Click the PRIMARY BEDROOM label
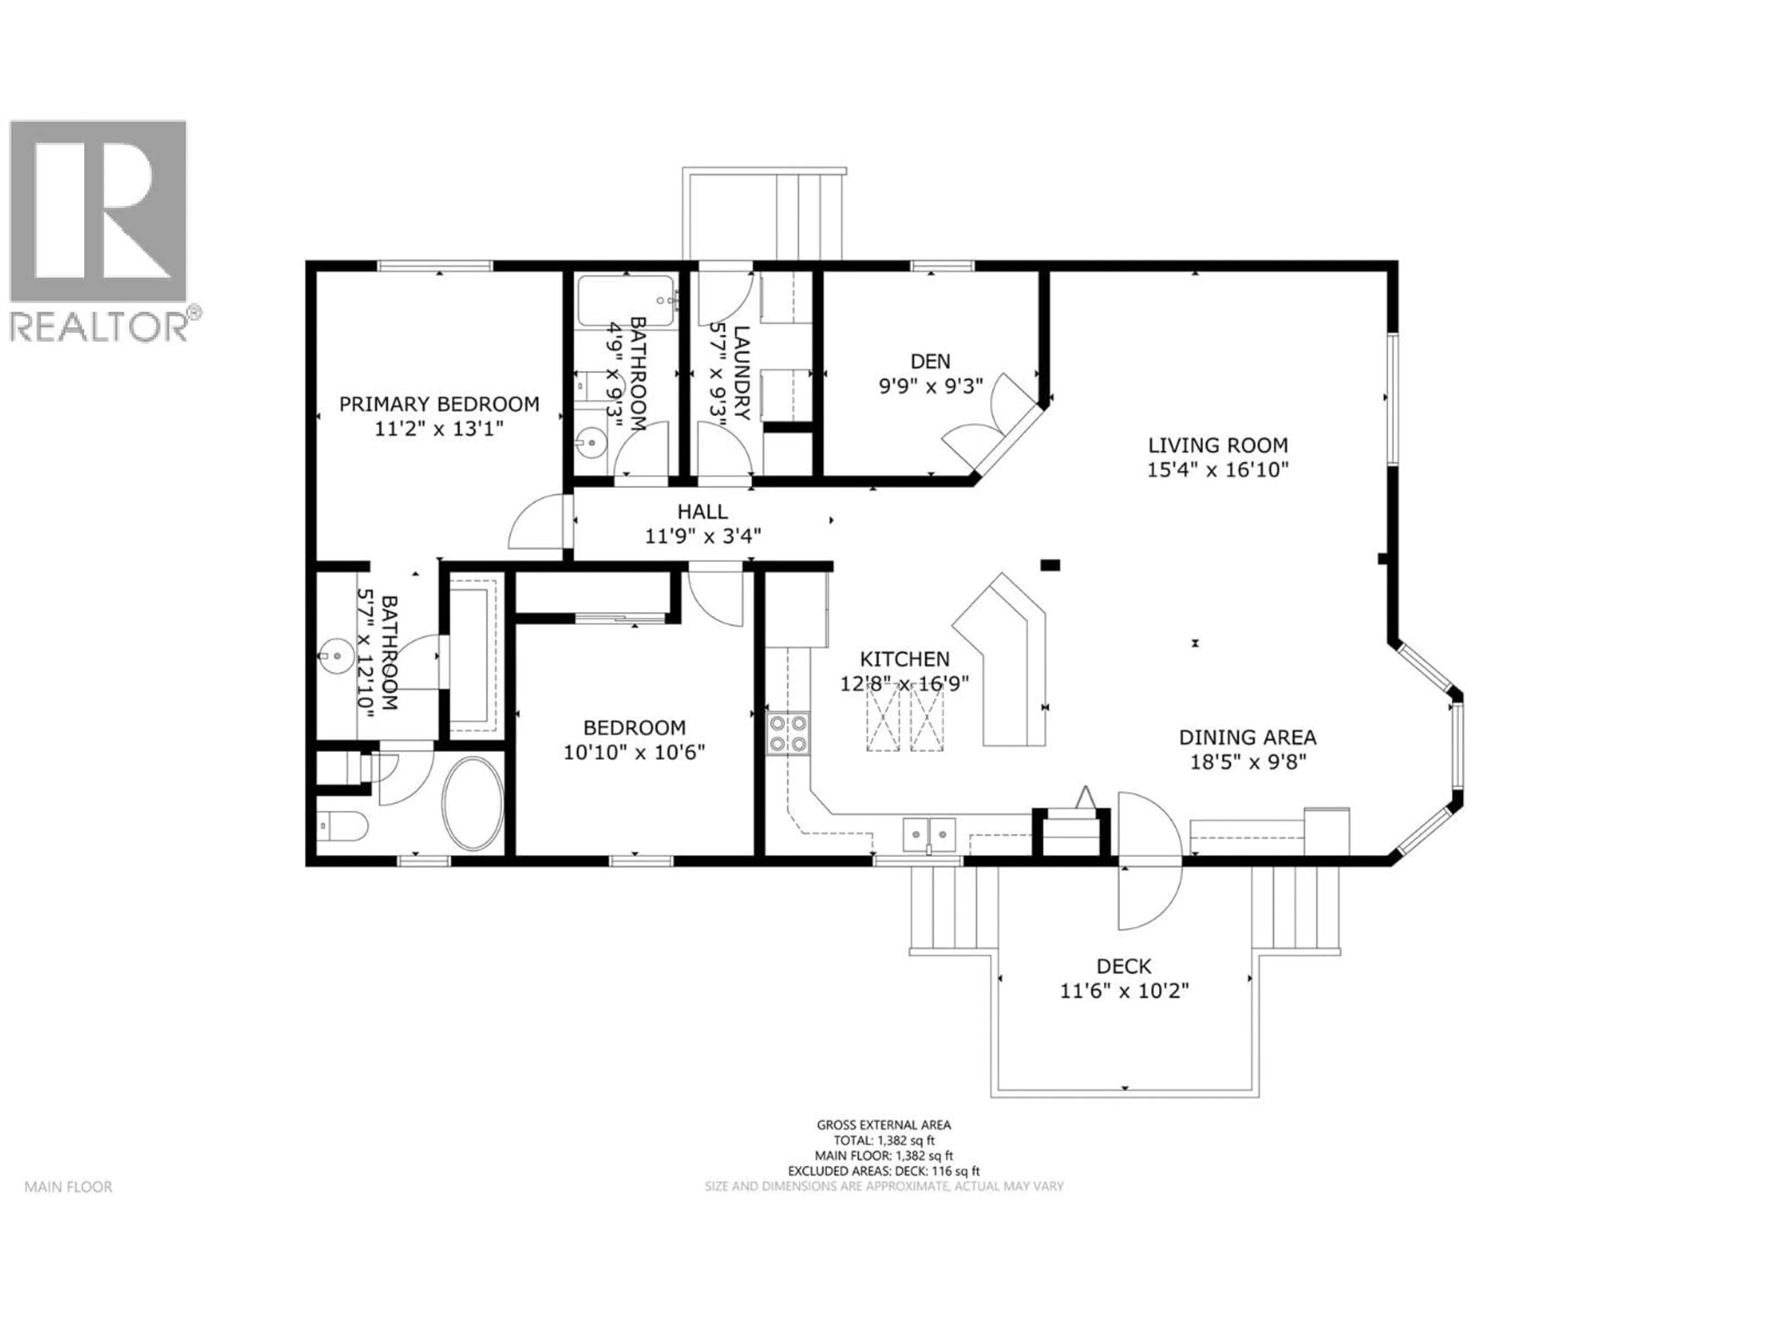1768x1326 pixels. (439, 404)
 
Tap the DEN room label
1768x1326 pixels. (931, 361)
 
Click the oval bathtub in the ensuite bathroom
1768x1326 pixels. (473, 803)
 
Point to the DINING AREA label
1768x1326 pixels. (1247, 738)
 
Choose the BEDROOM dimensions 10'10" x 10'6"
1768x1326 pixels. (634, 753)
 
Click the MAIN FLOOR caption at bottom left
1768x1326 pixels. (68, 1187)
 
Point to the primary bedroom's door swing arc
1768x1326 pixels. (534, 523)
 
